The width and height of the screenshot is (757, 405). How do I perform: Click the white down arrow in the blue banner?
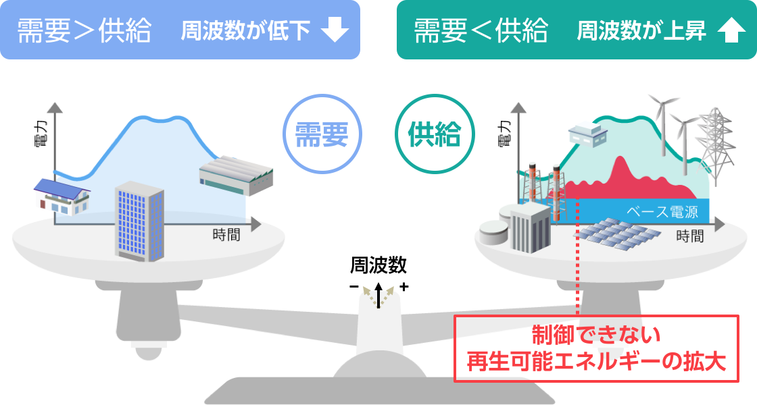coord(335,30)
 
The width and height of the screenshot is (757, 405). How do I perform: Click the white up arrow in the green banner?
coord(731,30)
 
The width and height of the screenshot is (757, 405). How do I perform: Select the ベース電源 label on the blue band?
coord(662,212)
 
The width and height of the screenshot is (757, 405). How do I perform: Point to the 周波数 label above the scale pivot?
coord(378,265)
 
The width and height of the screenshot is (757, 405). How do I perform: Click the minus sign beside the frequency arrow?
coord(354,287)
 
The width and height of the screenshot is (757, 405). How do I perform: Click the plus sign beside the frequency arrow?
coord(404,287)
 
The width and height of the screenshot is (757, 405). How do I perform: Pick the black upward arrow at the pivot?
coord(378,295)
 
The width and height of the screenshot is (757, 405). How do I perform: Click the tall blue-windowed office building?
coord(139,221)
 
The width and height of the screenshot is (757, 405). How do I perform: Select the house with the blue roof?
coord(62,196)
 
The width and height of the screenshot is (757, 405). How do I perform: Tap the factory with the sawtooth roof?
coord(236,175)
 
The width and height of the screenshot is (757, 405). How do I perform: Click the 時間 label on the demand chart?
coord(226,235)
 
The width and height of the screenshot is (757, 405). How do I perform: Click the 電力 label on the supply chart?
coord(504,134)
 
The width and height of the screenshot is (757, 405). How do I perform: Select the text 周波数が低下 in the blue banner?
coord(246,30)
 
